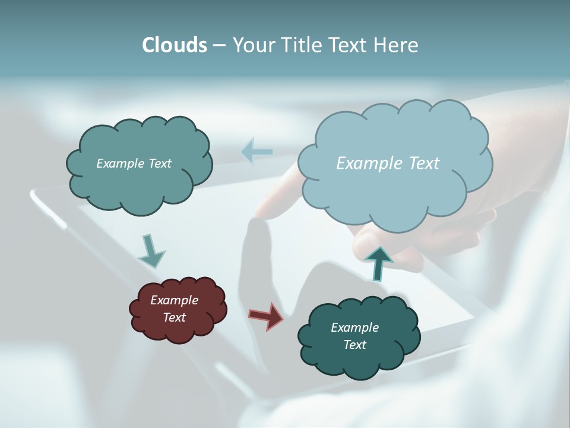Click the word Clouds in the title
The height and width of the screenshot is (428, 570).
click(175, 45)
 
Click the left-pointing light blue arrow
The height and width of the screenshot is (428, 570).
click(257, 152)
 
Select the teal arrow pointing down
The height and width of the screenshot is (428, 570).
click(151, 251)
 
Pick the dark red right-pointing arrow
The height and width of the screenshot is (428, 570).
click(266, 316)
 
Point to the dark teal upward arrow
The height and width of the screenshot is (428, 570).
click(379, 263)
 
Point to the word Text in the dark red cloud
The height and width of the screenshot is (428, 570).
click(175, 317)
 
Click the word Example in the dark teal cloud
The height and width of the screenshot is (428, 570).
click(354, 328)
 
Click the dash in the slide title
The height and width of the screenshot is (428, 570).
click(218, 45)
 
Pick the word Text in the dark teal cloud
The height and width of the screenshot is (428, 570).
click(354, 345)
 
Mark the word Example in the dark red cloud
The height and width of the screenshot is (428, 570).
click(174, 300)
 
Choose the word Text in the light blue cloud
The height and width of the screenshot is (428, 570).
click(425, 163)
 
